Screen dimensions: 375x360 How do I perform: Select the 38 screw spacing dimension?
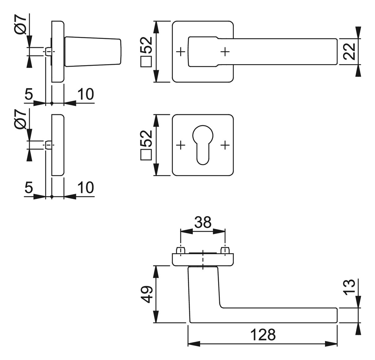coord(203,222)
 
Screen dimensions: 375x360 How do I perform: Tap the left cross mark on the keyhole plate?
coord(181,145)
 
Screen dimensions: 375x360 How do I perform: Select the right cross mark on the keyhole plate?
coord(225,145)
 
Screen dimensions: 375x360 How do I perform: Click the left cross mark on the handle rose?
coord(181,52)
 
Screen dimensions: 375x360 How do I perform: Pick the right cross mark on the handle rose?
coord(225,52)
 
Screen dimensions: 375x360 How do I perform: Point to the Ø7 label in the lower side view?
coord(20,119)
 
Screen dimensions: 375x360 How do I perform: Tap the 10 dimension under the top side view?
coord(86,94)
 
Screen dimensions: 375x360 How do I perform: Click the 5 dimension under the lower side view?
coord(29,187)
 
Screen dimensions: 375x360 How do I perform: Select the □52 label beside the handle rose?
coord(146,52)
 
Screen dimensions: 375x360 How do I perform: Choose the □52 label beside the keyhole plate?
coord(146,145)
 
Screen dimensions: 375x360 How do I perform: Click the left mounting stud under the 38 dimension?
coord(181,251)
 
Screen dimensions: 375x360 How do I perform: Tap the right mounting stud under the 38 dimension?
coord(225,251)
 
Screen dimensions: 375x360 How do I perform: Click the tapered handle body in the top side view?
coord(93,52)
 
